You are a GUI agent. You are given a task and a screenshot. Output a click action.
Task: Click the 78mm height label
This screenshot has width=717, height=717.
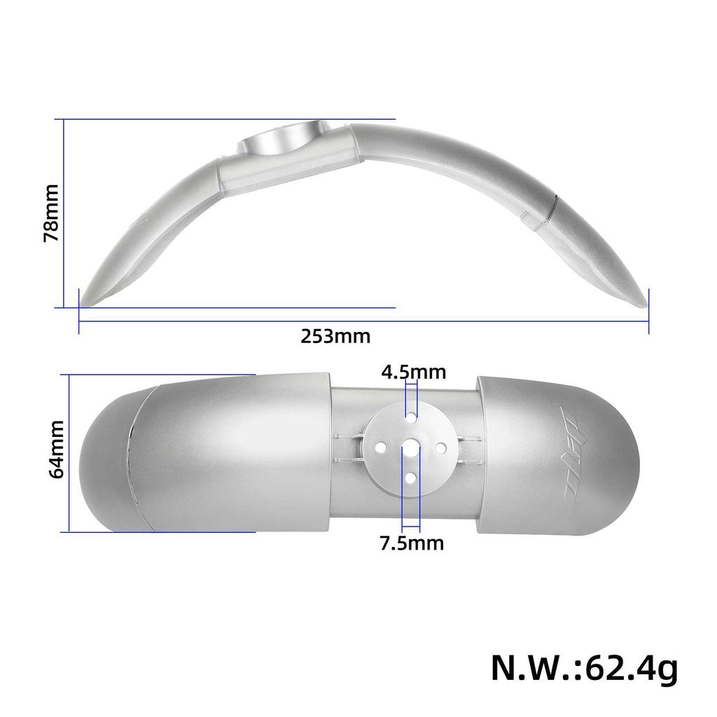pos(50,214)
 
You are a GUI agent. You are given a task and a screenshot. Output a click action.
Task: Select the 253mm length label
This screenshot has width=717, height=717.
pos(335,336)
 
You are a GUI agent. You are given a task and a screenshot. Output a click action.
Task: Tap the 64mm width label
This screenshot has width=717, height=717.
pos(57,449)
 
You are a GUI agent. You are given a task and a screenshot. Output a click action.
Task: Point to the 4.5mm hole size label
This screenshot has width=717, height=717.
pos(413,371)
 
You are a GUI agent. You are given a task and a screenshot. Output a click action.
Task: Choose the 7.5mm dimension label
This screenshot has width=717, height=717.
pos(412,543)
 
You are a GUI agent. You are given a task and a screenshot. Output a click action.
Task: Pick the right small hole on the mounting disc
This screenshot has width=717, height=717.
pos(441,447)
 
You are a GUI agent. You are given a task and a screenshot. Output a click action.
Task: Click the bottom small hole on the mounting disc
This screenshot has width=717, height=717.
pos(410,477)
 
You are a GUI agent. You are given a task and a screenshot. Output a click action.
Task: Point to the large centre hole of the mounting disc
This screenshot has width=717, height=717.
pos(409,447)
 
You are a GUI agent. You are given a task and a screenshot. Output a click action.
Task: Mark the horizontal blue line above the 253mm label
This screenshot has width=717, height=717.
pos(364,321)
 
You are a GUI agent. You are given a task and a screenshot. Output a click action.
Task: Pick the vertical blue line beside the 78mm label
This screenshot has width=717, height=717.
pos(64,214)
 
